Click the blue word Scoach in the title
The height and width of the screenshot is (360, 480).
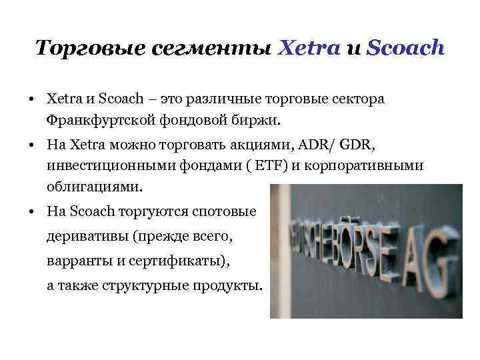click(405, 48)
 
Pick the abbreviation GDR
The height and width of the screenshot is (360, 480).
click(361, 145)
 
